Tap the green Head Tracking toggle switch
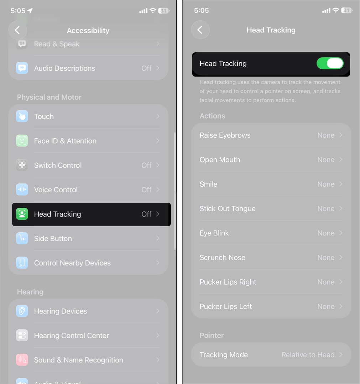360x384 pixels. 330,64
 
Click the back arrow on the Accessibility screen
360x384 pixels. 17,30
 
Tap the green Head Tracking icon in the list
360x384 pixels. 22,214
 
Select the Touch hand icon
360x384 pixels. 22,116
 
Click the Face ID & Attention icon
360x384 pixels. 22,141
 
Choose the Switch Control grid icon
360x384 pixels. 22,165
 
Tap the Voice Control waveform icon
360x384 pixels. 22,190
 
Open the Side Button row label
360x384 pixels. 53,239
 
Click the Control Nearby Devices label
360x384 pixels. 72,263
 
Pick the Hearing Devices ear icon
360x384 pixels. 22,311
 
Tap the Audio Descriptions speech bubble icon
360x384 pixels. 22,68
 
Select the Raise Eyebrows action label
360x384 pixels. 225,135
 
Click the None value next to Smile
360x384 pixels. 326,184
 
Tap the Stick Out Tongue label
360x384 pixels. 228,209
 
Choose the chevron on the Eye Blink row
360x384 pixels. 341,233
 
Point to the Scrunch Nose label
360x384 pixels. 223,258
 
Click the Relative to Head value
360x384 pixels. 308,355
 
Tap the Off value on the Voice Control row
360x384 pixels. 146,190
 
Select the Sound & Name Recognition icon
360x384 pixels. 22,360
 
